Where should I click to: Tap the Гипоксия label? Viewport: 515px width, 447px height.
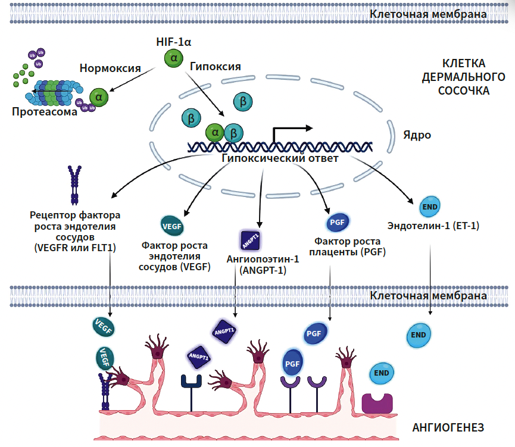(x=215, y=66)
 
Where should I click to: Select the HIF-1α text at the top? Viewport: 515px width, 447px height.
(x=173, y=42)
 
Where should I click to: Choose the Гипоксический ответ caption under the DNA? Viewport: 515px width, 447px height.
(x=280, y=159)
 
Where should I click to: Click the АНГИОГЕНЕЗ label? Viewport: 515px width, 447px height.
(x=448, y=427)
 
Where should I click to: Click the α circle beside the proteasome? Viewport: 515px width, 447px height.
(x=98, y=96)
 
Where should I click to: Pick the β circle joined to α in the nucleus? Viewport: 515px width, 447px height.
(x=234, y=132)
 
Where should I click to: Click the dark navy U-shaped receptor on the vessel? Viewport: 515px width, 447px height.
(x=191, y=384)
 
